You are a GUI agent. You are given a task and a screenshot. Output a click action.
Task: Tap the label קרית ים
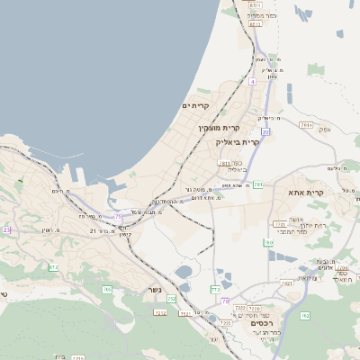pos(195,106)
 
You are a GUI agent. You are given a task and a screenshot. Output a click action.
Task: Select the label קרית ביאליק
pos(238,141)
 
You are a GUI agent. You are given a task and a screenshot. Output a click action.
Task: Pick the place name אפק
pos(325,130)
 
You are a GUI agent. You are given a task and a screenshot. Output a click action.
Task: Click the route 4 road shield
pos(253,82)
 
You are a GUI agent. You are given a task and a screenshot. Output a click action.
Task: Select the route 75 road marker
pos(118,216)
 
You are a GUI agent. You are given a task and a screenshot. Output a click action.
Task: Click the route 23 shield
pos(6,229)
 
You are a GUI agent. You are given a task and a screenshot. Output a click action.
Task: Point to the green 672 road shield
pos(53,266)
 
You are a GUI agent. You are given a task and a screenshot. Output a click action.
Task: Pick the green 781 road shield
pos(257,184)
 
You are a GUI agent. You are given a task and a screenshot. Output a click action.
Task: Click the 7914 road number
pos(306,124)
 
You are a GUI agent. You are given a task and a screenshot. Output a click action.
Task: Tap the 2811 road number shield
pos(224,163)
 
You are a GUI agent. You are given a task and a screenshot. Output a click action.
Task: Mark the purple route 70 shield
pos(225,301)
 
